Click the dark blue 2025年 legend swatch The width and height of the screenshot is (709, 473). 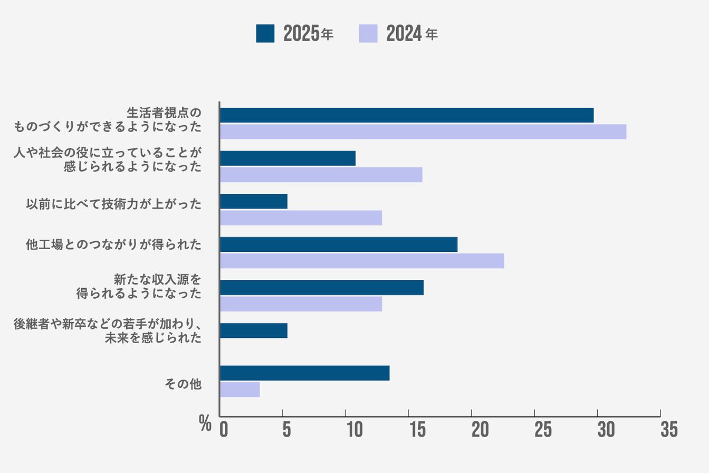click(265, 33)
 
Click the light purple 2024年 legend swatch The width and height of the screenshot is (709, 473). click(368, 33)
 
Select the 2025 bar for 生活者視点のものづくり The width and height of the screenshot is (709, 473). click(407, 115)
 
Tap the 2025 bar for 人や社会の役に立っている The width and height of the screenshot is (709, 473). click(288, 158)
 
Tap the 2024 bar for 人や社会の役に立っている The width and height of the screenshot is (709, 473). click(321, 175)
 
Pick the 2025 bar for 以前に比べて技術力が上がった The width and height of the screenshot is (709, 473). click(254, 201)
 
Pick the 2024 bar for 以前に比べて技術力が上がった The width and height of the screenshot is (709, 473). click(301, 218)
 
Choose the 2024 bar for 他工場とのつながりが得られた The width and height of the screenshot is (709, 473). click(362, 261)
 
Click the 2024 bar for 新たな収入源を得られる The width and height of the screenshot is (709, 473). click(301, 304)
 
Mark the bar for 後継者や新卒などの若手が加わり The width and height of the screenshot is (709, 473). click(254, 330)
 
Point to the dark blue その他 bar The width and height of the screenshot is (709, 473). click(305, 373)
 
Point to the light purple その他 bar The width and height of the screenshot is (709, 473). click(240, 390)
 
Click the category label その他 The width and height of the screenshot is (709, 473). click(183, 384)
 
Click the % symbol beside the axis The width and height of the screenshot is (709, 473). click(205, 423)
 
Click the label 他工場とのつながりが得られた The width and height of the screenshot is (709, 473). click(113, 245)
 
